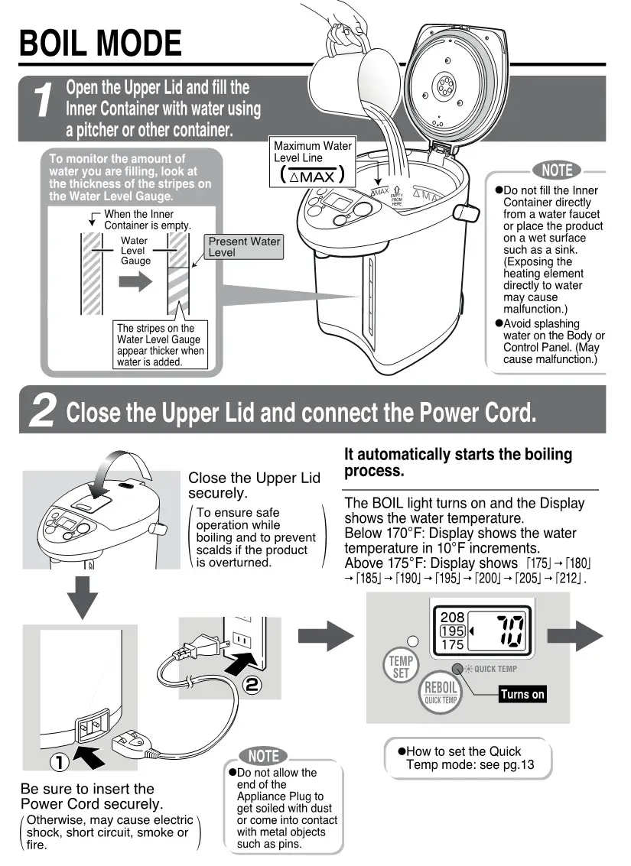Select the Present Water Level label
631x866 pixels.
(244, 246)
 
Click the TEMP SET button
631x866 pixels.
(401, 667)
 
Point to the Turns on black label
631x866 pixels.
(522, 694)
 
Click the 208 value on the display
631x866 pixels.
(453, 616)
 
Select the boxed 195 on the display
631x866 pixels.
(453, 631)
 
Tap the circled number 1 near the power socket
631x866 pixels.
(60, 762)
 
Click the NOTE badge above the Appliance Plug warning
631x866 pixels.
(263, 756)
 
